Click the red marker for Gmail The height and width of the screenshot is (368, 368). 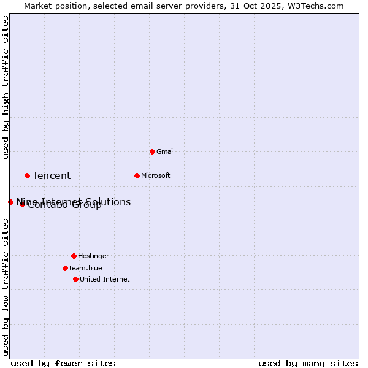pyautogui.click(x=152, y=151)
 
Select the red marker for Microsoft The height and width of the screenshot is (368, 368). pyautogui.click(x=137, y=175)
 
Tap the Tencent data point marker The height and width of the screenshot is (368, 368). pyautogui.click(x=27, y=175)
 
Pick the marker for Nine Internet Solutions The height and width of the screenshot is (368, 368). pyautogui.click(x=10, y=202)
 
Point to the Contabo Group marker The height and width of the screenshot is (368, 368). pyautogui.click(x=22, y=204)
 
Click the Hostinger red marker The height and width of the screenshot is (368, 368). pyautogui.click(x=74, y=256)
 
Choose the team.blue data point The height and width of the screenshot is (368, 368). pyautogui.click(x=65, y=268)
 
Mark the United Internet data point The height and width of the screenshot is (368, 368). pyautogui.click(x=75, y=279)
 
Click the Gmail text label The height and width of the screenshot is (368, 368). pyautogui.click(x=166, y=151)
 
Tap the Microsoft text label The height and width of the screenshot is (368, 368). pyautogui.click(x=156, y=175)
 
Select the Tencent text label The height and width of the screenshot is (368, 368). pyautogui.click(x=52, y=176)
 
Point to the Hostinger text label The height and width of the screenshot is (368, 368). pyautogui.click(x=93, y=256)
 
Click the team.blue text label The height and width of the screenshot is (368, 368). pyautogui.click(x=85, y=268)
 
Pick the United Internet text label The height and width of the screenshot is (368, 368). pyautogui.click(x=104, y=279)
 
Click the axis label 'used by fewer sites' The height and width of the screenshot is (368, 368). pyautogui.click(x=63, y=363)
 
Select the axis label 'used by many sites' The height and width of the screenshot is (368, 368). pyautogui.click(x=308, y=363)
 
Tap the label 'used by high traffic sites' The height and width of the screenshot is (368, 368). pyautogui.click(x=6, y=88)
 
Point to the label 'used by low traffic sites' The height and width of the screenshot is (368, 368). pyautogui.click(x=6, y=287)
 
